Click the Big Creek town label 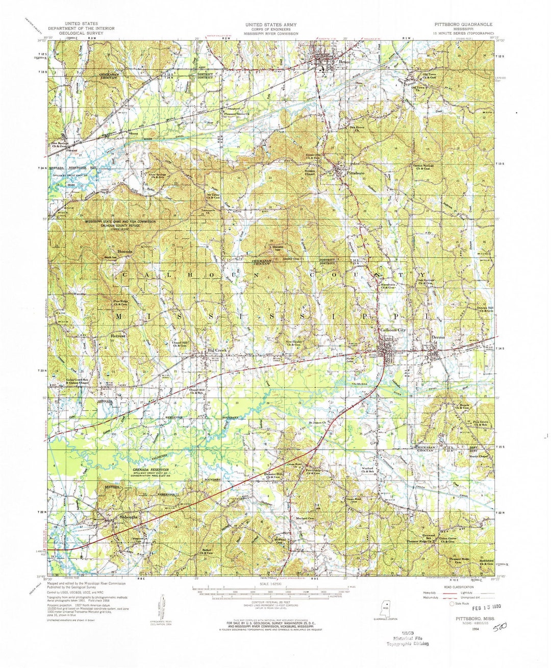(216, 351)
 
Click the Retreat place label (118, 337)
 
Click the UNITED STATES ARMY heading (270, 24)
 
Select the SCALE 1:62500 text (270, 584)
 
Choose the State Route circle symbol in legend (452, 604)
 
